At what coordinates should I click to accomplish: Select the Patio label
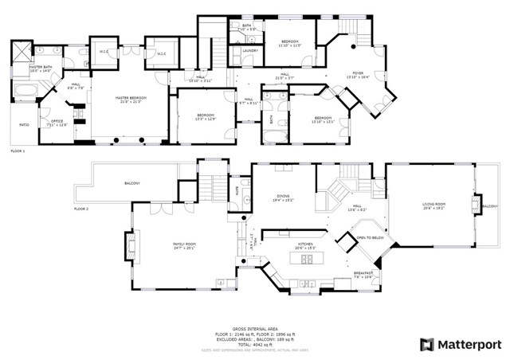(x=23, y=124)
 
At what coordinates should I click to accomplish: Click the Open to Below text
(x=371, y=238)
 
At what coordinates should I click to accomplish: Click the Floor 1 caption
(x=18, y=151)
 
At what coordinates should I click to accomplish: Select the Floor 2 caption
(x=81, y=209)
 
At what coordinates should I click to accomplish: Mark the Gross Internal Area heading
(x=254, y=328)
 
